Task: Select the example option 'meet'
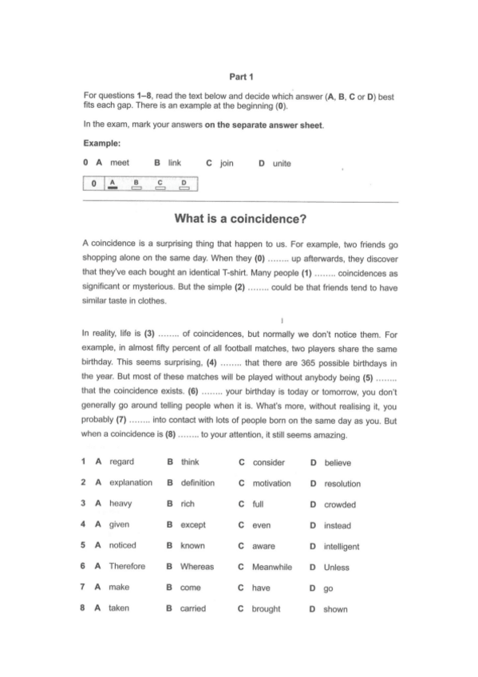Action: [120, 163]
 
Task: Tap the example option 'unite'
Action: [282, 164]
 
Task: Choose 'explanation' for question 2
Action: [130, 483]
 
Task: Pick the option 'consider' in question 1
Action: [268, 462]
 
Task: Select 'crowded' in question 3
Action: [340, 505]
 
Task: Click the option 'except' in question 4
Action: [192, 525]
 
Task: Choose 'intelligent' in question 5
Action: [342, 547]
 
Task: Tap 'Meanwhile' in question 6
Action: [272, 567]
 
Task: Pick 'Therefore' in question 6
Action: [127, 567]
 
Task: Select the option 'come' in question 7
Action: [190, 588]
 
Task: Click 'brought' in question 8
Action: [266, 609]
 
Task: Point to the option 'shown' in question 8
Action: [335, 609]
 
